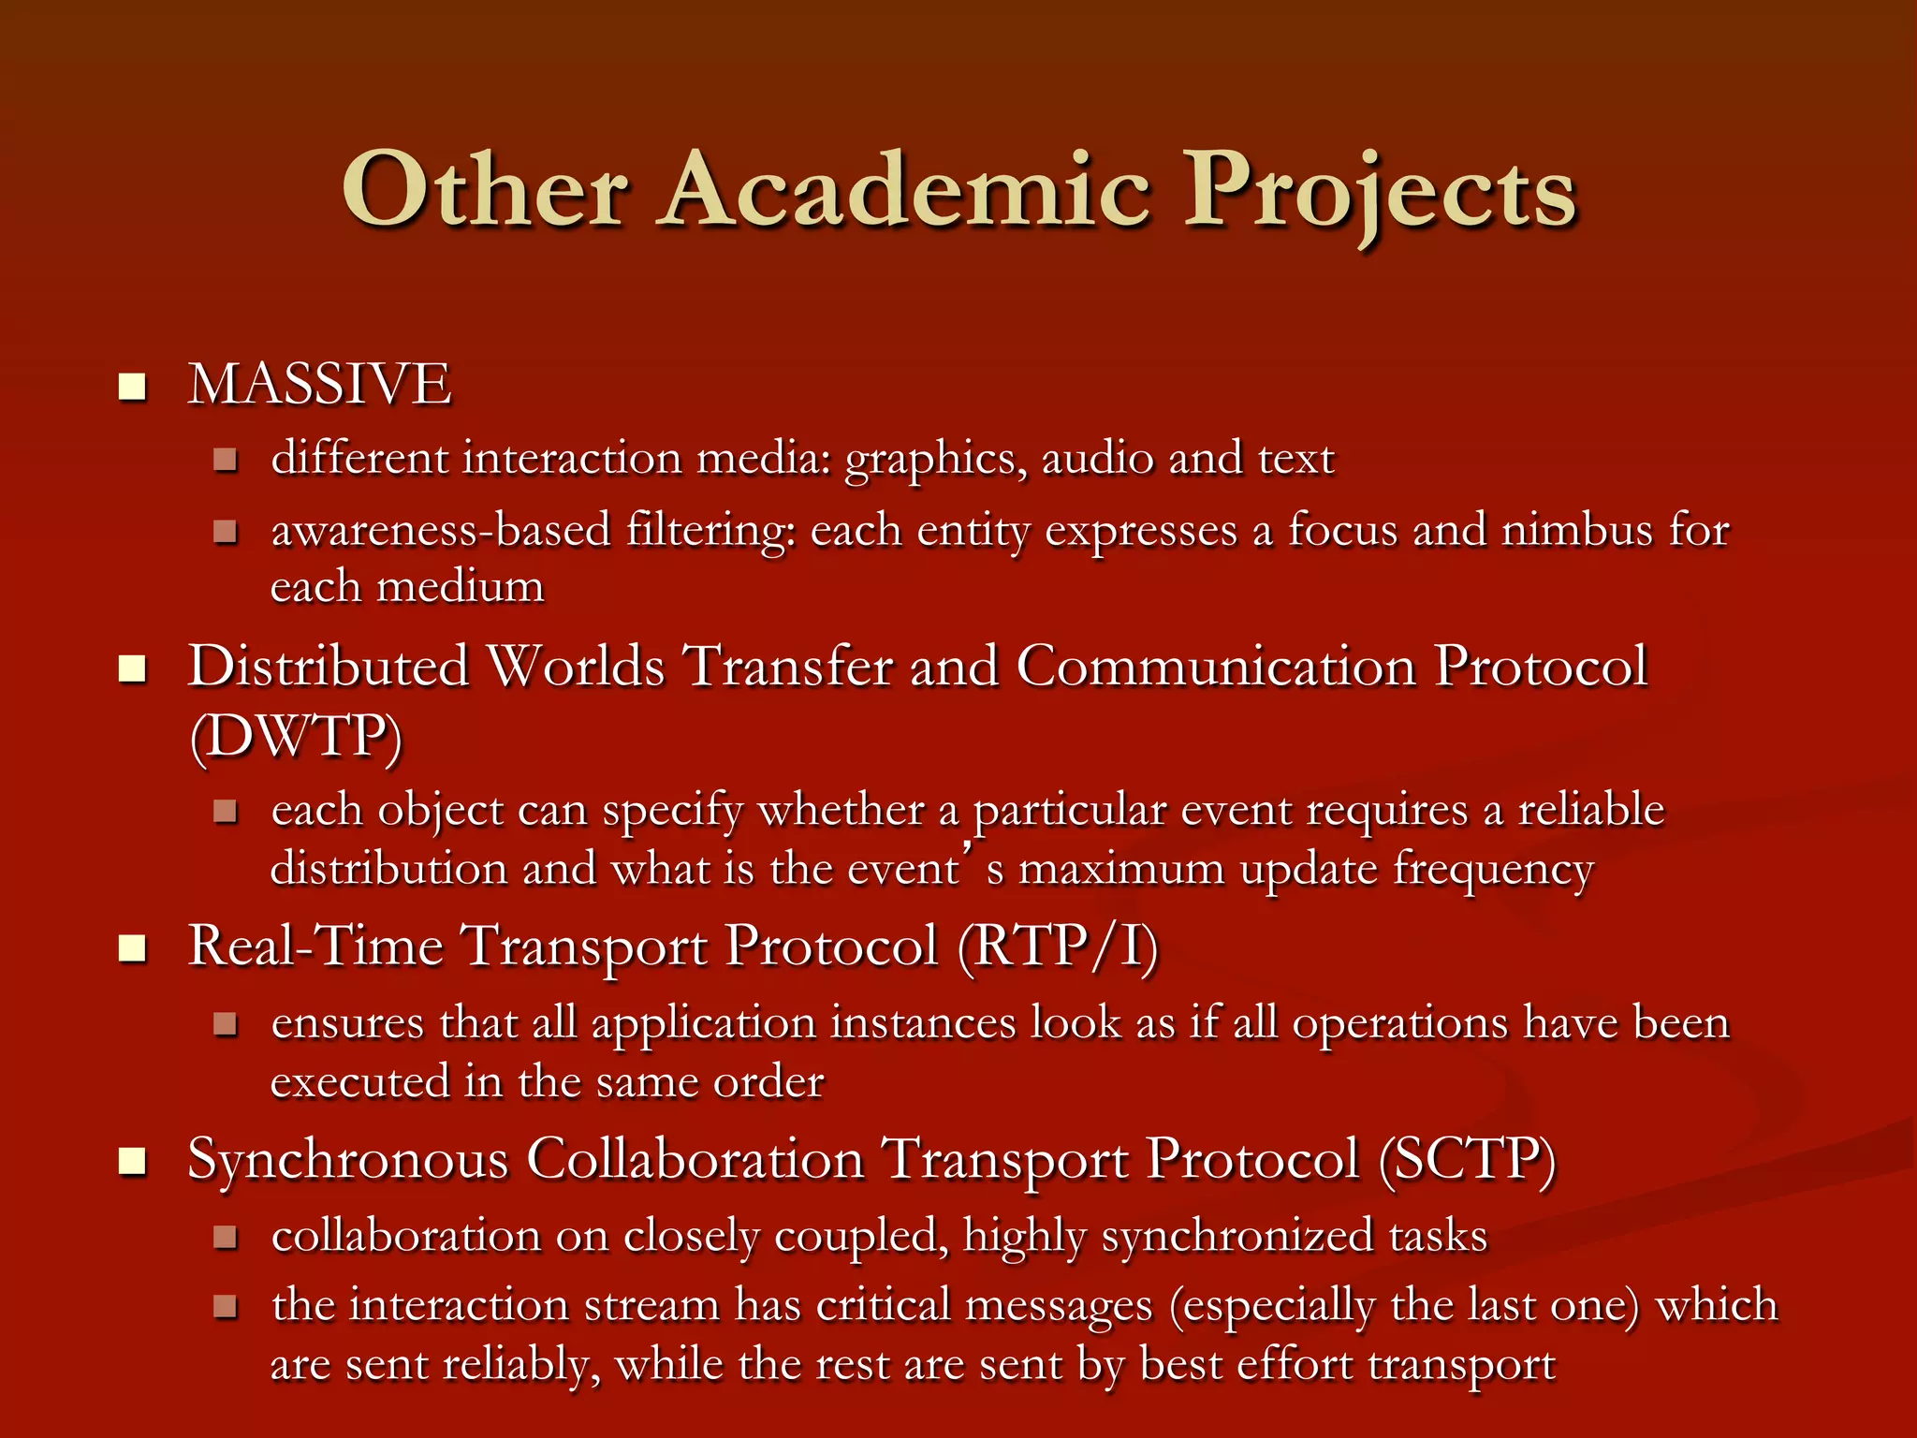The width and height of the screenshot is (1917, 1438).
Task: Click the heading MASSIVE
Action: tap(320, 384)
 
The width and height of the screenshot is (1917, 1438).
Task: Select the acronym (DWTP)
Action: tap(296, 738)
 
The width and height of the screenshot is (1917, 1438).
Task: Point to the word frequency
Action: tap(1493, 871)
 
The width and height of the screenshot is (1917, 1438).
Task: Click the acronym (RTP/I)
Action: tap(1058, 946)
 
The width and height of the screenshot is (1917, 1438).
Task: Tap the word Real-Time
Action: tap(315, 946)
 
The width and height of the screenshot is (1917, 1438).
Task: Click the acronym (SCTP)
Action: tap(1467, 1160)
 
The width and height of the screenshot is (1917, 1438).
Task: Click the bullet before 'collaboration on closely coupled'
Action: tap(225, 1238)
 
